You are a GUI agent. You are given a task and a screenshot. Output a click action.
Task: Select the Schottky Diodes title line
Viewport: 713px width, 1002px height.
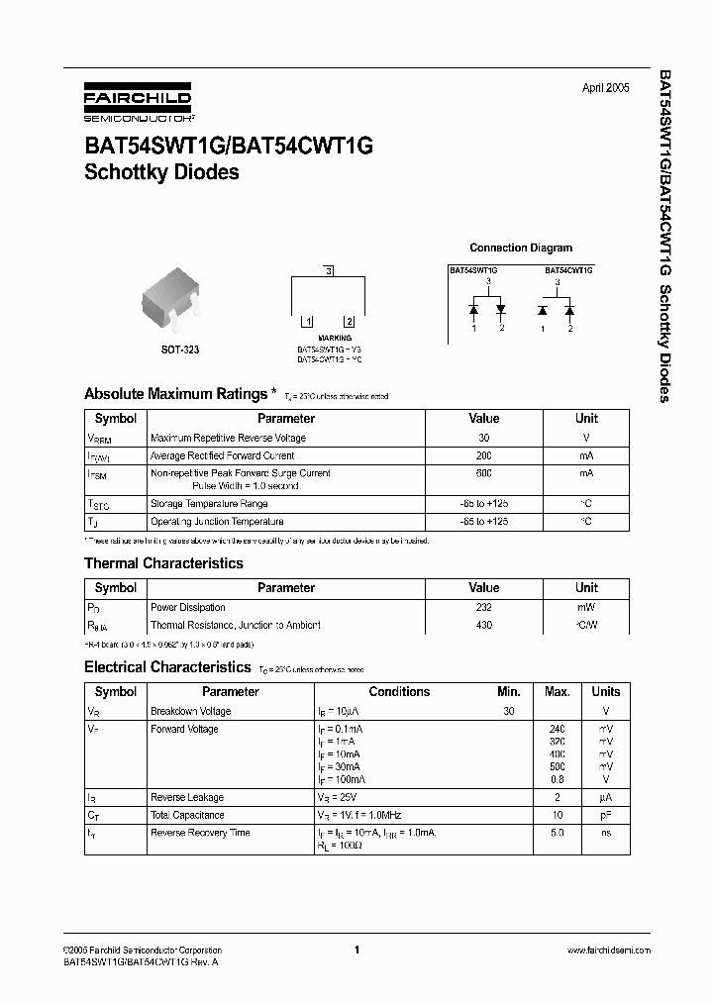tap(160, 172)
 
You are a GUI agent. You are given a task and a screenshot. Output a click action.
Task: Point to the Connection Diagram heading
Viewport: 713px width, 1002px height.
tap(520, 248)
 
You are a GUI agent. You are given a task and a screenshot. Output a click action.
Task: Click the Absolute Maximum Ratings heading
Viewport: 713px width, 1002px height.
tap(174, 394)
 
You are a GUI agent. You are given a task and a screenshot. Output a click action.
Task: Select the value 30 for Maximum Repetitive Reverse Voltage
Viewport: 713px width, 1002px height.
tap(483, 438)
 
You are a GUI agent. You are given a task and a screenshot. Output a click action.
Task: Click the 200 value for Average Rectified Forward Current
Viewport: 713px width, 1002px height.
tap(483, 455)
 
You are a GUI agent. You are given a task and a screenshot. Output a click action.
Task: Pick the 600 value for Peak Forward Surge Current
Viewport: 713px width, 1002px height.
tap(483, 474)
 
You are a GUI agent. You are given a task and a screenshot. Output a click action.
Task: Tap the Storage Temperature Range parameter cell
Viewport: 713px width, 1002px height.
tap(217, 504)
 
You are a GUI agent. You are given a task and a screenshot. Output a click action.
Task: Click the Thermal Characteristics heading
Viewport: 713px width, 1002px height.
tap(162, 563)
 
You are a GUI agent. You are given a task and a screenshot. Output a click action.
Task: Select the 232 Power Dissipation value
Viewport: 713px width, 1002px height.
tap(483, 607)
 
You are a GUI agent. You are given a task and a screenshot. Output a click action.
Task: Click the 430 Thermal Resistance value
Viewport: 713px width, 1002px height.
tap(483, 625)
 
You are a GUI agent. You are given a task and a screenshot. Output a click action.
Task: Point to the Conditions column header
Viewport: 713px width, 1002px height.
tap(399, 692)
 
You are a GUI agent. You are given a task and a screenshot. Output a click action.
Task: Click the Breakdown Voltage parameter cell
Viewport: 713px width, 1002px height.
tap(190, 711)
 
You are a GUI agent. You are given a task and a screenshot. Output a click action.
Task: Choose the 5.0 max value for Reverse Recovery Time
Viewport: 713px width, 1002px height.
tap(557, 833)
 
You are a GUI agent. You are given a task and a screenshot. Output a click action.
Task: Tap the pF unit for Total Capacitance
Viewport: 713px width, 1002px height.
tap(605, 815)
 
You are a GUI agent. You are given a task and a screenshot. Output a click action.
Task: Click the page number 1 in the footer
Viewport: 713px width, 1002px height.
tap(356, 950)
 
